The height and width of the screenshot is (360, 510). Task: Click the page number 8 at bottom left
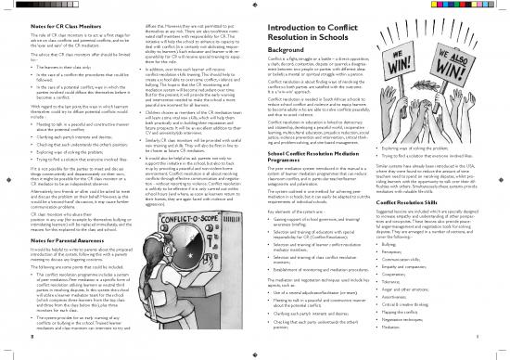pyautogui.click(x=6, y=353)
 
